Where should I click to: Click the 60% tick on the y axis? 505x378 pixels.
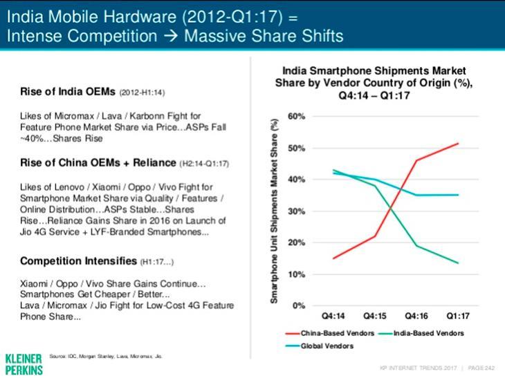point(295,116)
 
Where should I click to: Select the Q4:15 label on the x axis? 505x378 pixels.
point(375,316)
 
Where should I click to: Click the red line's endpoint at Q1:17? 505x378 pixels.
point(458,143)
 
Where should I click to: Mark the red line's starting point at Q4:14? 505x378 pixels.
point(334,258)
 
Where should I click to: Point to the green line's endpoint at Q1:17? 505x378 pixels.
point(458,263)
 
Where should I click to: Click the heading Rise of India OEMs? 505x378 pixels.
point(68,91)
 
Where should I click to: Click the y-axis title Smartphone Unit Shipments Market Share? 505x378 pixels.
point(275,210)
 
